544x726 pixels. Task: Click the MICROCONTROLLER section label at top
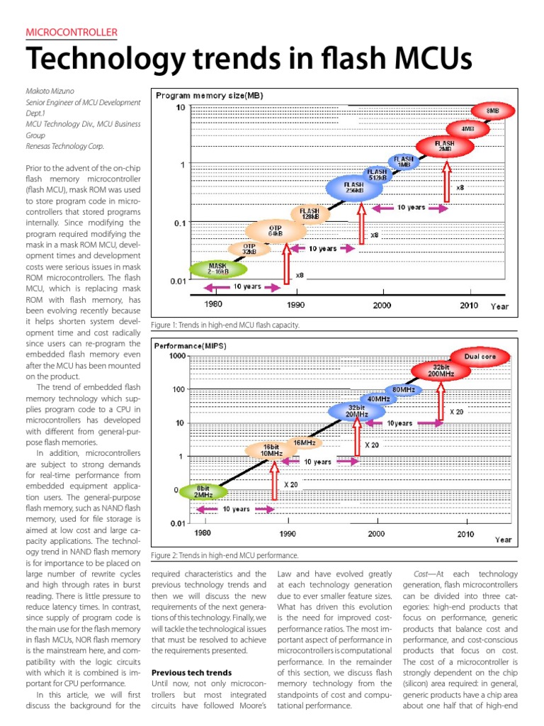click(x=71, y=33)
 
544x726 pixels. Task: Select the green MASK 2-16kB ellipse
click(x=218, y=269)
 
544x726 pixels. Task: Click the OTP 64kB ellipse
click(x=276, y=230)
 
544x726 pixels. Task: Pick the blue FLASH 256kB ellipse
click(x=354, y=188)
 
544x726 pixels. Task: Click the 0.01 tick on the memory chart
click(x=177, y=281)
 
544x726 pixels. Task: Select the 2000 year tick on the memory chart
click(x=382, y=305)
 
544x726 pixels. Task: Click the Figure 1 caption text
click(x=225, y=325)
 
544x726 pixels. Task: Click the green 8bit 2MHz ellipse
click(x=203, y=491)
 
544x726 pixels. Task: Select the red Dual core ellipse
click(x=480, y=355)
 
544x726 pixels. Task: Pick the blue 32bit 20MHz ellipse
click(x=356, y=411)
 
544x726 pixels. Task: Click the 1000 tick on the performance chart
click(x=177, y=356)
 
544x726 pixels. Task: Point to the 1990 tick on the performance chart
click(x=288, y=533)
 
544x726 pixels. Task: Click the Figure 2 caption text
click(x=225, y=556)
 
